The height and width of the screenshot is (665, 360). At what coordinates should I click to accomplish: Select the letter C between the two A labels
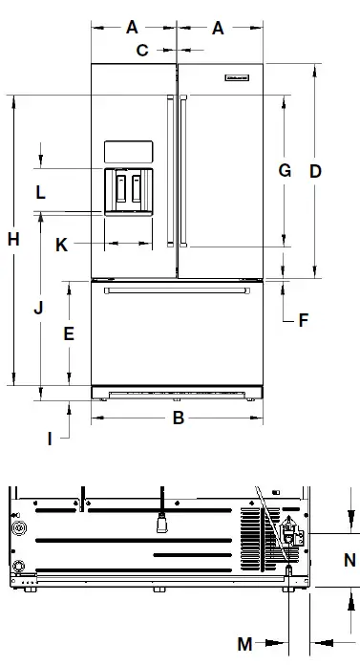[x=141, y=50]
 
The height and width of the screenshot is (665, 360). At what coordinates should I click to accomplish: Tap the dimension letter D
[x=315, y=171]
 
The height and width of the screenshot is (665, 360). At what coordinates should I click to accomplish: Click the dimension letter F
[x=304, y=320]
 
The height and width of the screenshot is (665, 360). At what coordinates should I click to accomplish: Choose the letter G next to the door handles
[x=284, y=171]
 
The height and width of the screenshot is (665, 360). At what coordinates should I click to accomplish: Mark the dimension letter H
[x=13, y=240]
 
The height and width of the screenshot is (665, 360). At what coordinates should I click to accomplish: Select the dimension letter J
[x=38, y=309]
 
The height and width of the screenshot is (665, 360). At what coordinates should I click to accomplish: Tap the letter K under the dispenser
[x=61, y=245]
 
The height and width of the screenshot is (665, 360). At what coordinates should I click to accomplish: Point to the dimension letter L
[x=40, y=192]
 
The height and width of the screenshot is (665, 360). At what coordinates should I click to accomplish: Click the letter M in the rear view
[x=244, y=644]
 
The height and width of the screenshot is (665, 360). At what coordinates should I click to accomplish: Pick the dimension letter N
[x=349, y=558]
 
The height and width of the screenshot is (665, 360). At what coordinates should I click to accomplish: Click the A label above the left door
[x=133, y=28]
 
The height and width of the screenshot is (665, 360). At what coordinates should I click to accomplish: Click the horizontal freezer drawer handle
[x=178, y=290]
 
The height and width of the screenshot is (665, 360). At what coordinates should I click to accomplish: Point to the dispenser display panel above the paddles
[x=128, y=152]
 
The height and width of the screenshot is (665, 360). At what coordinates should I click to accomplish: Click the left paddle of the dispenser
[x=121, y=189]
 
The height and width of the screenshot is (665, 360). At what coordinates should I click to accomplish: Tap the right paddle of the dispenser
[x=141, y=189]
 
